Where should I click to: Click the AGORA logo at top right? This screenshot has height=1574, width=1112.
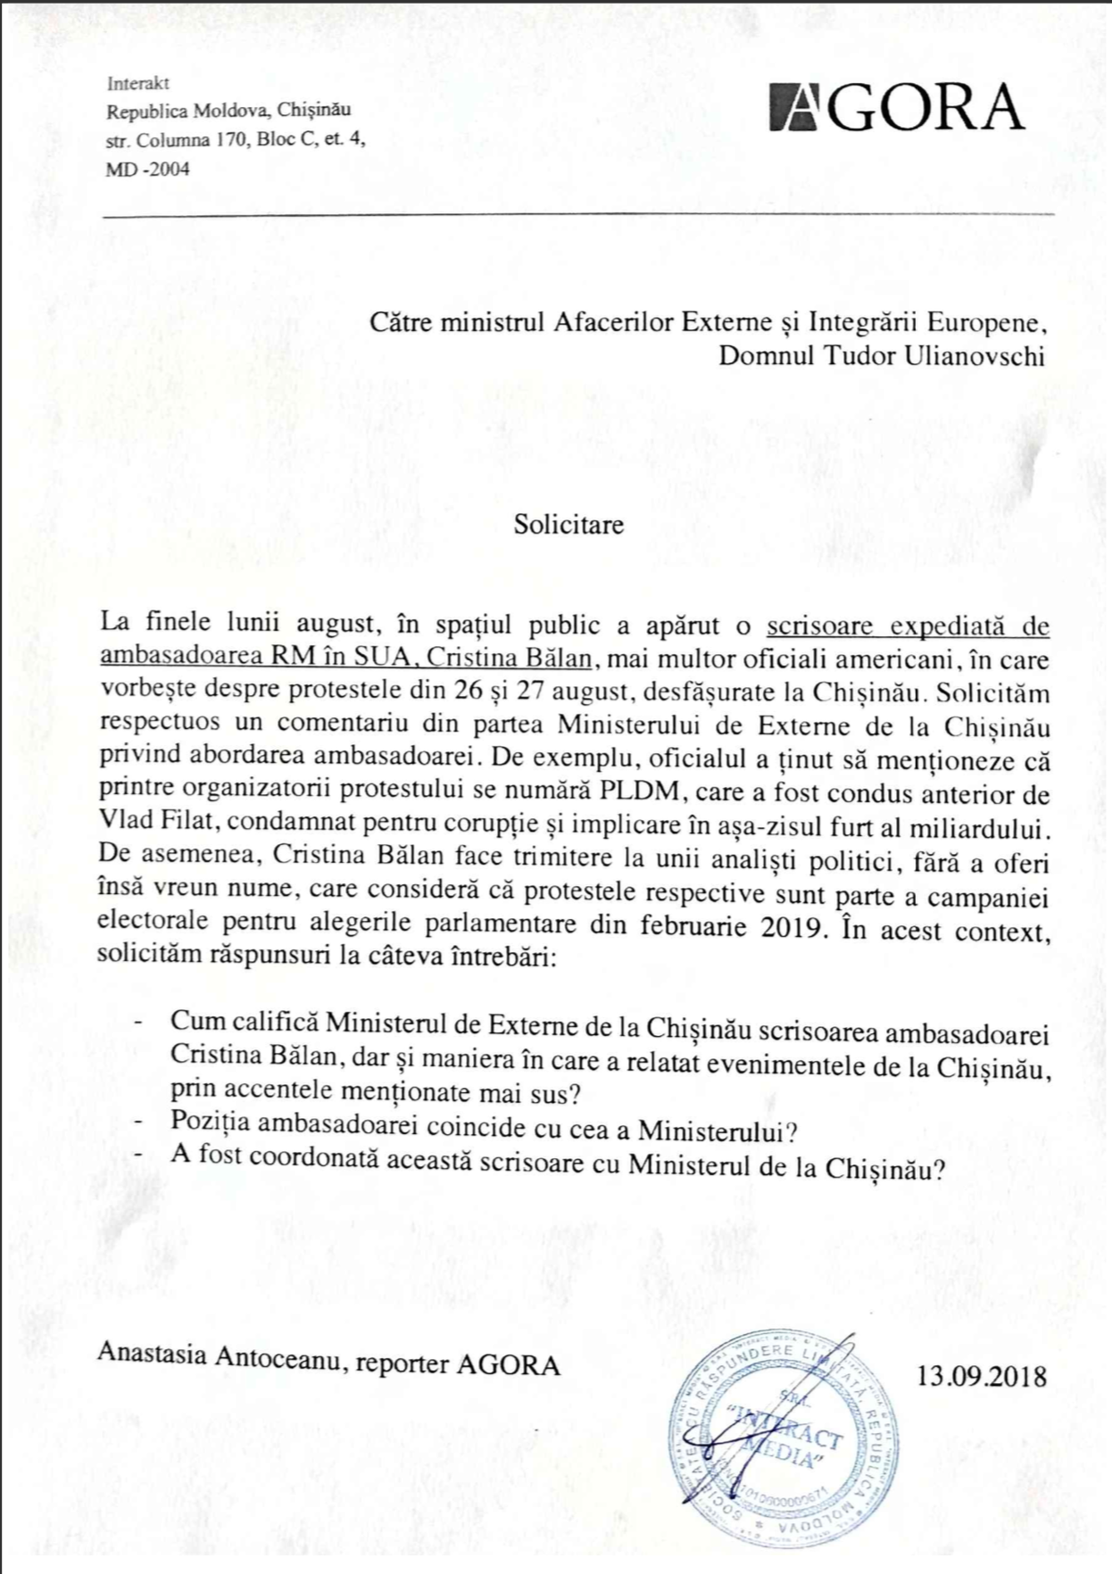click(896, 108)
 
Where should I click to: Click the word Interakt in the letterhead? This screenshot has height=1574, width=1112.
click(137, 84)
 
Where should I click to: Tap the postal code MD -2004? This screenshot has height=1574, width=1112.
click(147, 169)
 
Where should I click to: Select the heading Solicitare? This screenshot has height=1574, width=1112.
click(568, 524)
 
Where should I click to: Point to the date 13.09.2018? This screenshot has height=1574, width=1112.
click(981, 1375)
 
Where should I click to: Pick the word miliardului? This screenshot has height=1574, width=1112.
click(977, 827)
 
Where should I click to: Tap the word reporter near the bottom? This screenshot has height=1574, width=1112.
click(402, 1364)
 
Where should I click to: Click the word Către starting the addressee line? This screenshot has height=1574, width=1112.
click(400, 322)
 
